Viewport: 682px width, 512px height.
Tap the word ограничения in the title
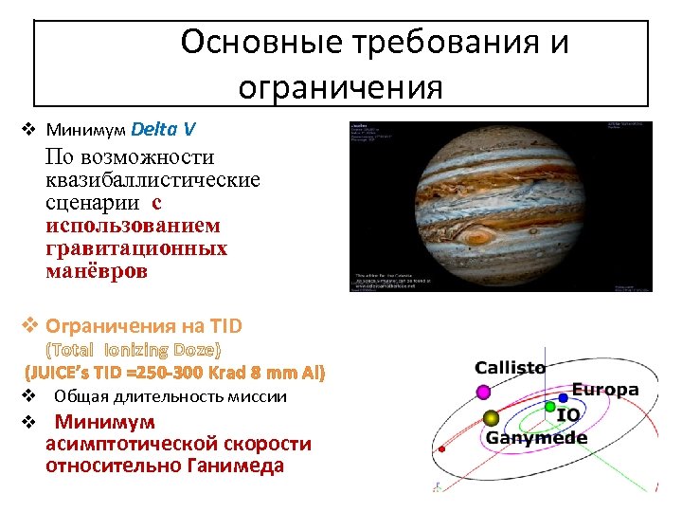tap(340, 87)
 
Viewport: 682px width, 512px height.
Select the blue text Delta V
tap(164, 128)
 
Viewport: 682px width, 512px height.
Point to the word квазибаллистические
tap(153, 179)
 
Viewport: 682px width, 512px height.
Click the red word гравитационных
tap(136, 248)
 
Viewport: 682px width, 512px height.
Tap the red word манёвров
tap(97, 271)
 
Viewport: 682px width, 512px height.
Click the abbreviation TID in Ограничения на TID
tap(225, 326)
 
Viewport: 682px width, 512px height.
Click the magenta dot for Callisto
tap(483, 391)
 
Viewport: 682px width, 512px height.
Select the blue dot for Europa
tap(563, 397)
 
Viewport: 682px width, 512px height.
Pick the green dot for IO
tap(549, 406)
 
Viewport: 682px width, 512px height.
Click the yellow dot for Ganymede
tap(491, 418)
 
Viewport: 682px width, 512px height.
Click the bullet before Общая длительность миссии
tap(28, 396)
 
